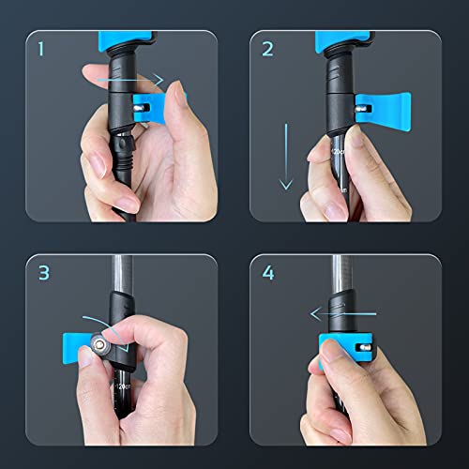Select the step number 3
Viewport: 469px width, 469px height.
point(43,276)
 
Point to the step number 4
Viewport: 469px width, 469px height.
point(270,276)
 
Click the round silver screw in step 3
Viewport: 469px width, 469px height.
point(98,347)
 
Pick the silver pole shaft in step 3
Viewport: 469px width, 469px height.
point(119,272)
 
